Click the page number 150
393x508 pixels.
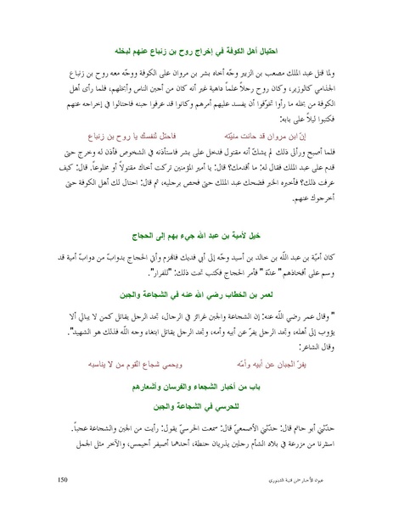62,480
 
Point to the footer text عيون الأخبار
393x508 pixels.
312,481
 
